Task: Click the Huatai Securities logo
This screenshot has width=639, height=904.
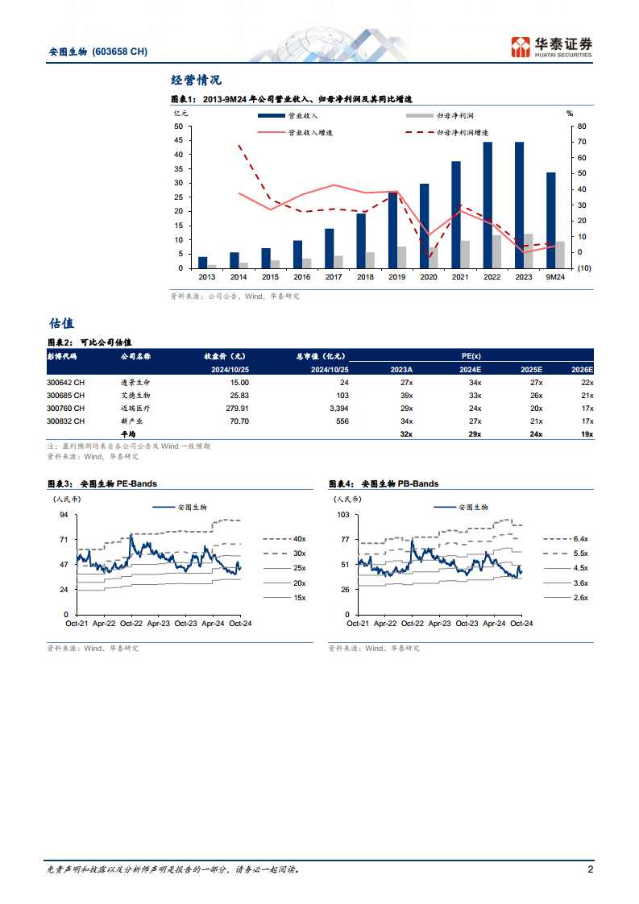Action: click(x=552, y=47)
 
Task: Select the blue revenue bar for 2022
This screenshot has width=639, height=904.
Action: click(x=488, y=205)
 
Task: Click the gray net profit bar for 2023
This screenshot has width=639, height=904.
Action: click(x=528, y=251)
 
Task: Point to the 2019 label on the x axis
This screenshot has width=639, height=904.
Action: click(x=396, y=276)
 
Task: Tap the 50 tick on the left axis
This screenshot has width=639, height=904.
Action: click(x=177, y=126)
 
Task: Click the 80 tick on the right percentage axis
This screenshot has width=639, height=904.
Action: click(x=571, y=126)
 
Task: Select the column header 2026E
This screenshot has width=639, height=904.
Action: click(x=580, y=369)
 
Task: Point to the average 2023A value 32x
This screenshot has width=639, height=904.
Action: click(x=405, y=434)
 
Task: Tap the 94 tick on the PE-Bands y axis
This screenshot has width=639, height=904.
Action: click(x=62, y=514)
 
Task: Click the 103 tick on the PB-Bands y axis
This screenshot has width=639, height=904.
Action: click(x=342, y=514)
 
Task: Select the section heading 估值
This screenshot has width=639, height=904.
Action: click(x=61, y=323)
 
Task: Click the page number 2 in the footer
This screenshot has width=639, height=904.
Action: click(x=590, y=869)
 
